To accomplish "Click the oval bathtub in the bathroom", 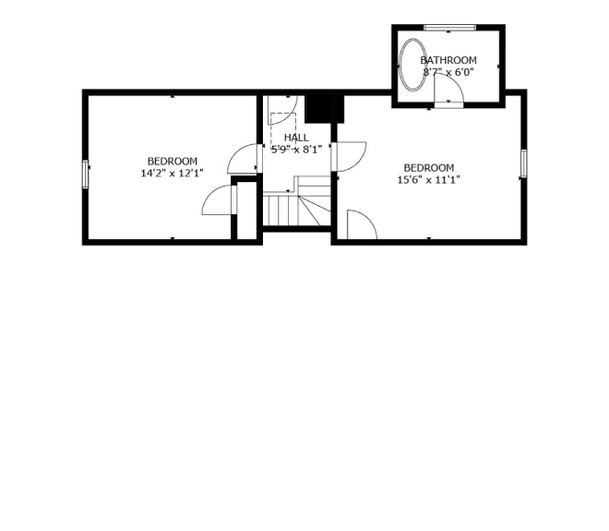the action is (x=400, y=65).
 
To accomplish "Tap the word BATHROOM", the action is (x=448, y=60).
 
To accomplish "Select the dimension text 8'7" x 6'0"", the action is (x=448, y=72).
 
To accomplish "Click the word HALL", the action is (x=296, y=138).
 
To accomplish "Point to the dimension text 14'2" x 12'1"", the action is (x=172, y=173).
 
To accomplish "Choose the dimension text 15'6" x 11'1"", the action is (x=428, y=180).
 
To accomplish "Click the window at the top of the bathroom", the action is (x=449, y=27).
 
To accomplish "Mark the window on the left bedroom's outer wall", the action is (x=85, y=175).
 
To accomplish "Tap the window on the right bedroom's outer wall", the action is (x=523, y=163).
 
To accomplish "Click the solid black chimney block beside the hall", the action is (x=324, y=108).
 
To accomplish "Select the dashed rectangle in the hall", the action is (x=283, y=129).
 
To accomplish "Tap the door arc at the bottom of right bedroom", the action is (x=369, y=218).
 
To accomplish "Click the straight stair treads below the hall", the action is (x=281, y=211).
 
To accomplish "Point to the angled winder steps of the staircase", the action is (x=315, y=211).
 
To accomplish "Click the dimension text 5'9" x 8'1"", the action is (x=296, y=150).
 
